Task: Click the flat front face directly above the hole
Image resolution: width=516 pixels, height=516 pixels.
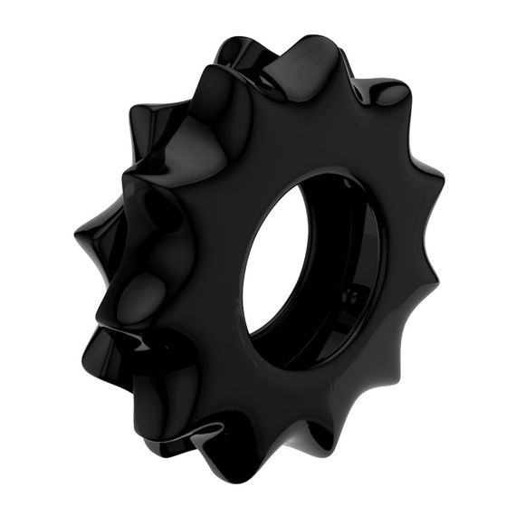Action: (x=299, y=145)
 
